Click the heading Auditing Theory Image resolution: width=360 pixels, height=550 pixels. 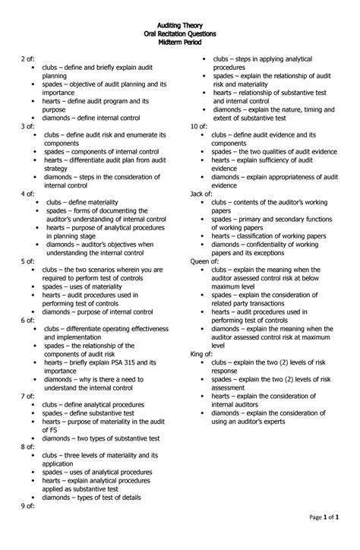180,26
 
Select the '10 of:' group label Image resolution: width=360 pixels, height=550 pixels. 199,126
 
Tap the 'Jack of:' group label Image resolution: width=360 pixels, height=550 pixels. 201,194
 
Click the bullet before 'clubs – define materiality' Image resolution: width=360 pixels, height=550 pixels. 36,203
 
